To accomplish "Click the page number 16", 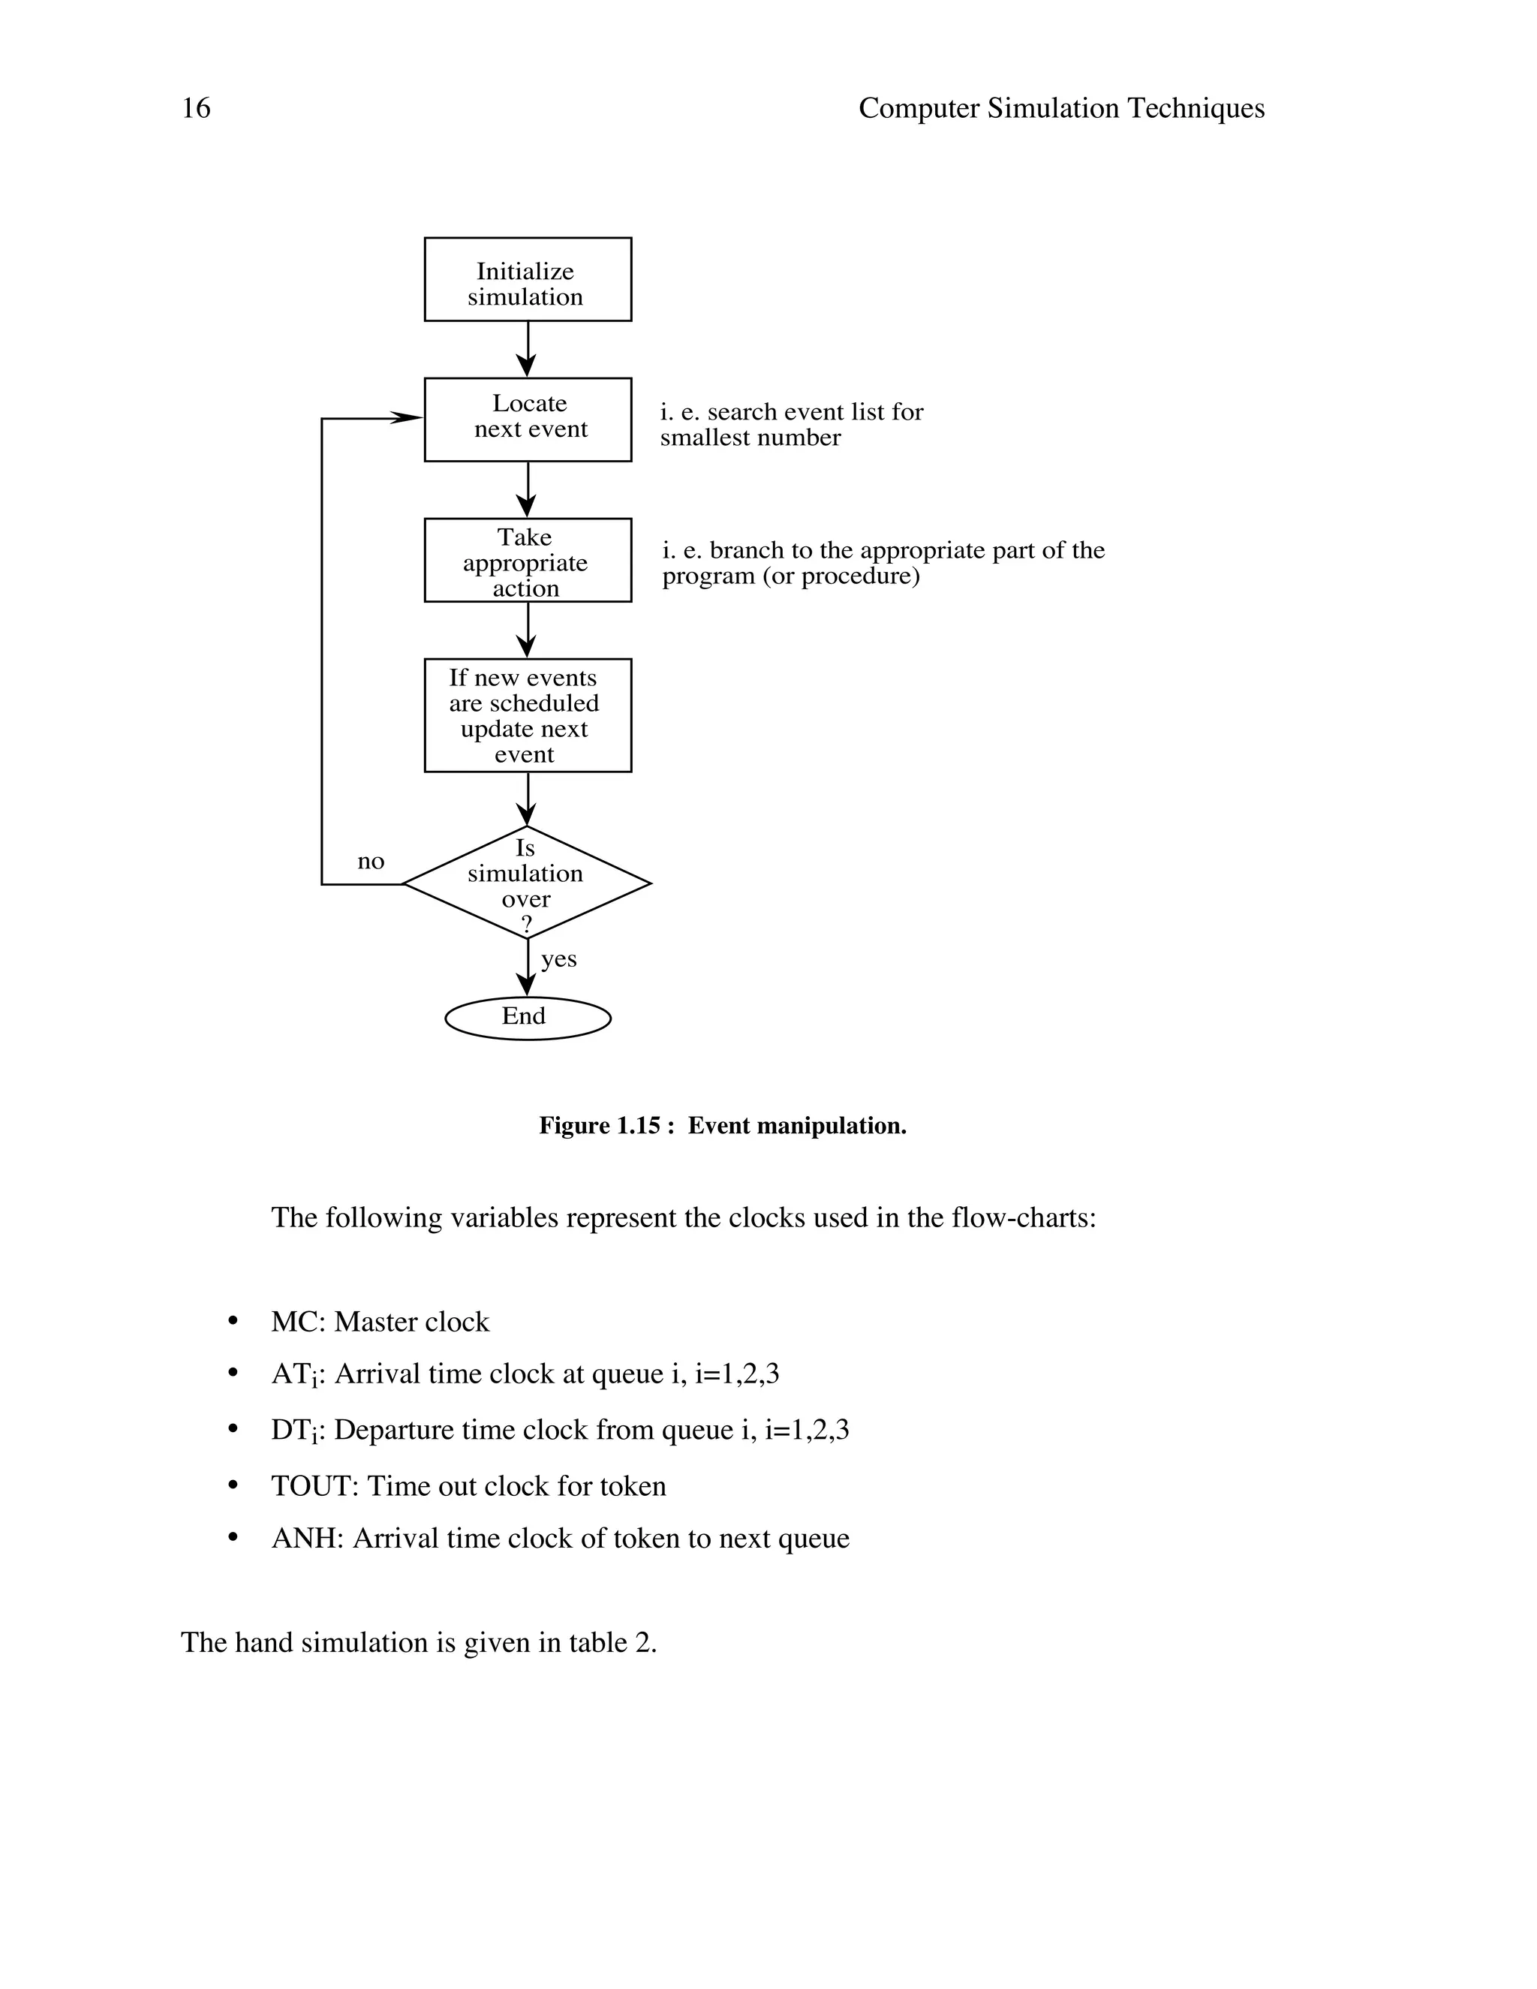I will click(x=196, y=108).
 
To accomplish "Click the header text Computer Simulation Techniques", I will click(x=1060, y=108).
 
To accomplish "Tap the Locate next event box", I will click(x=527, y=419).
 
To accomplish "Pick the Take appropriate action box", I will click(x=527, y=560).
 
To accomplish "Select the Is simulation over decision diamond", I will click(x=527, y=883).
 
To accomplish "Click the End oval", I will click(x=527, y=1017).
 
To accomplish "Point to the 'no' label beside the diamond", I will click(x=371, y=862).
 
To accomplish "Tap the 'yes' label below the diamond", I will click(x=558, y=959).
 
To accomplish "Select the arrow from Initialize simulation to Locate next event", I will click(x=527, y=350).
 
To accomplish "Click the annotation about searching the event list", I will click(x=790, y=424).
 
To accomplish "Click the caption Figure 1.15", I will click(x=722, y=1126).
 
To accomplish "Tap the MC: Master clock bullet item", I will click(x=380, y=1322).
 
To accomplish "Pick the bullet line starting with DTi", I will click(x=559, y=1430).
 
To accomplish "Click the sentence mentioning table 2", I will click(x=418, y=1642).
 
